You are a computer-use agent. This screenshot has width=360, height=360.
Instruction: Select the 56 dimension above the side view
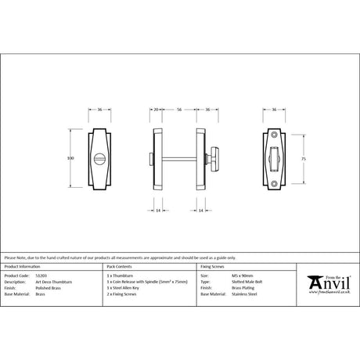tap(179, 111)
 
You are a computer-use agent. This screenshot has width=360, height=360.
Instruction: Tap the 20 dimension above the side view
tap(157, 111)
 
